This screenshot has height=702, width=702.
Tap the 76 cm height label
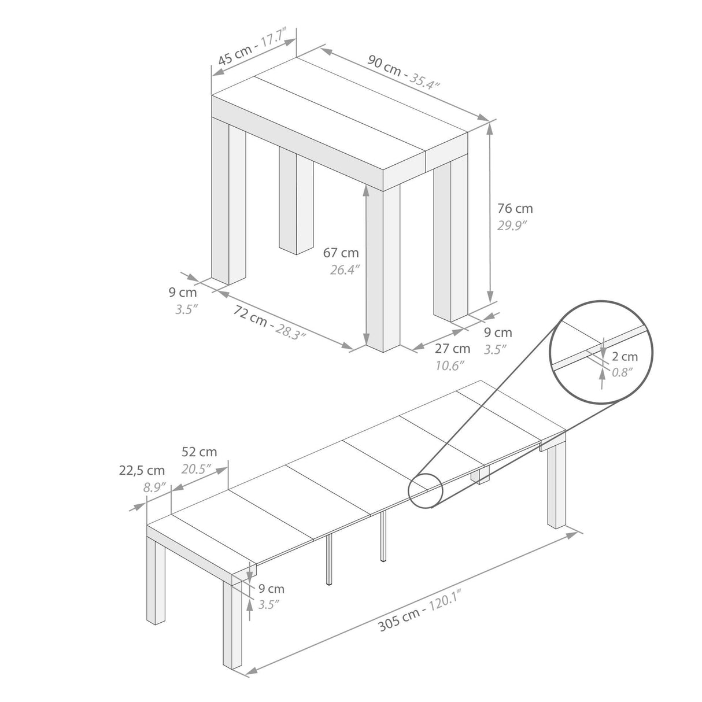[515, 208]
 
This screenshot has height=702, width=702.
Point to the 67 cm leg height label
[341, 253]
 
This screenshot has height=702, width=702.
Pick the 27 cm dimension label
[452, 349]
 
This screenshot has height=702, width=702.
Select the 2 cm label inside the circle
[625, 357]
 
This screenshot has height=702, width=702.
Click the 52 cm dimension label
[199, 452]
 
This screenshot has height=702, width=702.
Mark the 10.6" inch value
[449, 365]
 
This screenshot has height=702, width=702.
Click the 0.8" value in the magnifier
[623, 372]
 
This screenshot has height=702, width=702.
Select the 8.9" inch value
[154, 487]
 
